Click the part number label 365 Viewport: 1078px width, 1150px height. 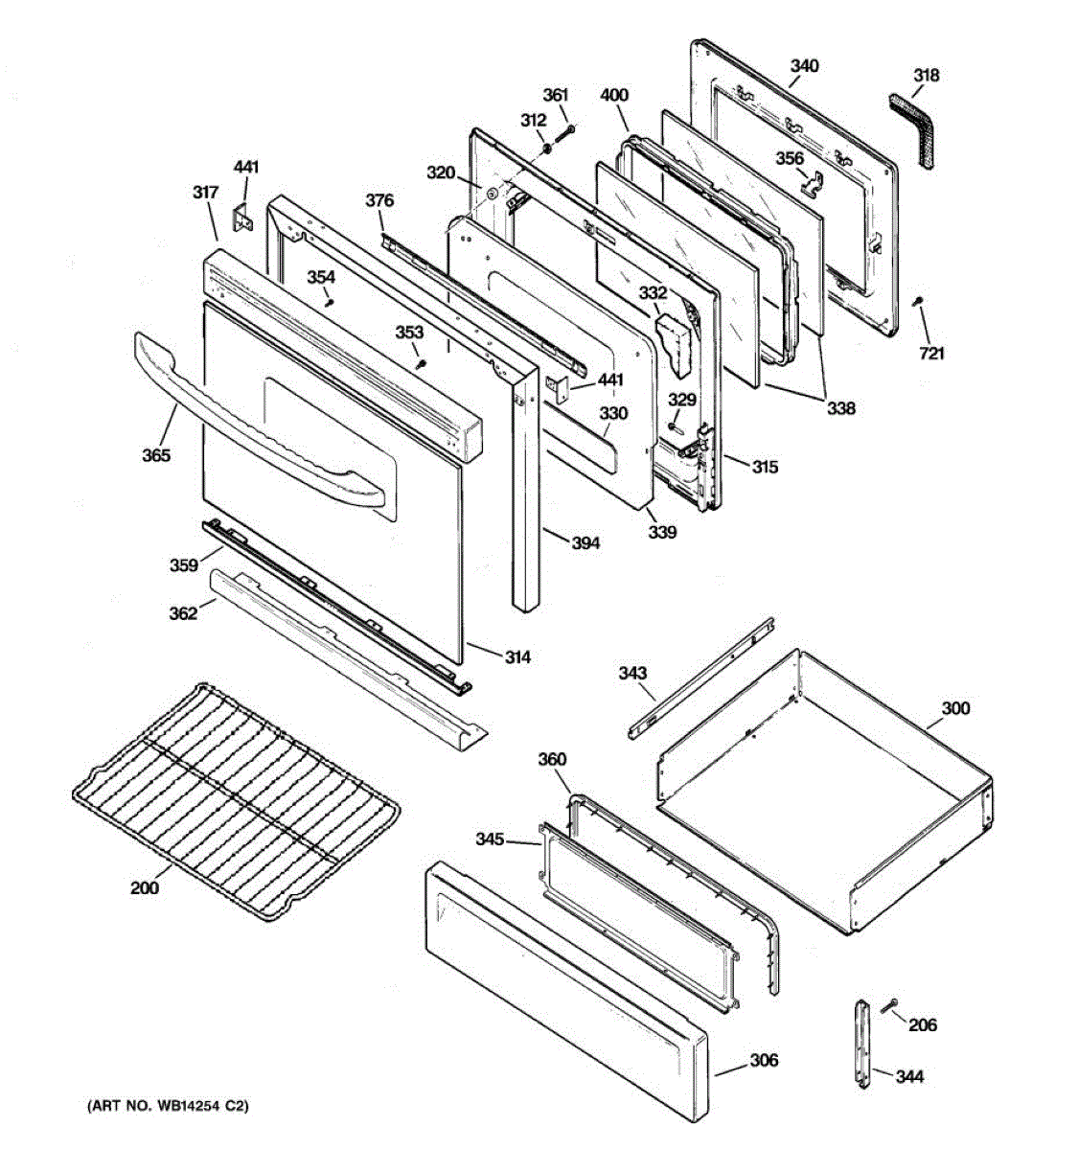pos(156,455)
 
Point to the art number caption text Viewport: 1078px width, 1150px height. pos(168,1107)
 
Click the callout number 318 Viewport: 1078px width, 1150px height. pos(926,76)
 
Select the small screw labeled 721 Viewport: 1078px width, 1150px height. pos(919,303)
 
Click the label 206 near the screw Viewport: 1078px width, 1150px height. pos(923,1025)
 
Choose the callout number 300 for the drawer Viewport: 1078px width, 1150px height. pos(954,708)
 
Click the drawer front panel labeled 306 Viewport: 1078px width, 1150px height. pos(565,997)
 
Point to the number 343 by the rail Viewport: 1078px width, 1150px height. pos(632,674)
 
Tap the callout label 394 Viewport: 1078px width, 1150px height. pos(585,543)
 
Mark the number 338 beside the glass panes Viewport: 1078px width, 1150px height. pos(841,408)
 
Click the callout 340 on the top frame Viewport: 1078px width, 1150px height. pos(805,66)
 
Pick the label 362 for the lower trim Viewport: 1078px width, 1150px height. pos(184,612)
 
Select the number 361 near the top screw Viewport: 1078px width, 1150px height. pos(556,95)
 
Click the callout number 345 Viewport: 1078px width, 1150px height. pos(490,839)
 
